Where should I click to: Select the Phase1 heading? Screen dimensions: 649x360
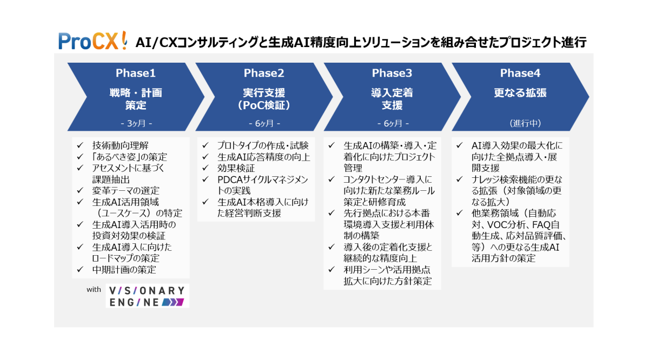(135, 74)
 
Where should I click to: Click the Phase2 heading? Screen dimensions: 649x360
(263, 74)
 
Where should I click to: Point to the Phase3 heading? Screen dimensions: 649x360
(392, 74)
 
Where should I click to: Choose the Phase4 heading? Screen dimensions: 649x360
(520, 74)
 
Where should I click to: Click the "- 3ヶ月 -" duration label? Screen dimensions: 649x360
(135, 123)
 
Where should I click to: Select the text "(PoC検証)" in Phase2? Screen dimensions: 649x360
(264, 105)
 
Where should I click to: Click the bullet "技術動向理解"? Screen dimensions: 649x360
(120, 145)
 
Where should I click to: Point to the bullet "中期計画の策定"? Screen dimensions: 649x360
(124, 270)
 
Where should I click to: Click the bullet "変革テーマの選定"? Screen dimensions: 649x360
(125, 190)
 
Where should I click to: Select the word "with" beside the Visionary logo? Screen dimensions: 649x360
(94, 290)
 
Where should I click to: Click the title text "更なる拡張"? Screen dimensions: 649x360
(520, 93)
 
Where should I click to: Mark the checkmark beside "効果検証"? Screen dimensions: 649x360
(206, 168)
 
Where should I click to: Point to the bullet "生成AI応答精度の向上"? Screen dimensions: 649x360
(263, 157)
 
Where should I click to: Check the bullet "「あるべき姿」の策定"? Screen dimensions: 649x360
(129, 157)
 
